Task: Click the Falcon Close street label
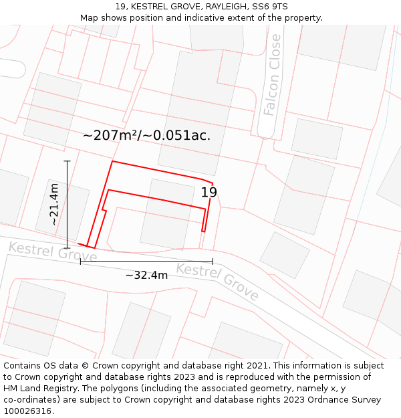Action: coord(272,75)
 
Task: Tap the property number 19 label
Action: coord(209,193)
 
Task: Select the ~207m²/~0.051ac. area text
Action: coord(146,135)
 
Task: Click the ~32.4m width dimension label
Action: coord(146,275)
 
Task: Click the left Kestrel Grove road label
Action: coord(52,252)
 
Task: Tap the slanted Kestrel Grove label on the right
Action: coord(217,281)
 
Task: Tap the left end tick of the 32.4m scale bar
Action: coord(80,262)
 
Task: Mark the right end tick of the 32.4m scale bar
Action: coord(213,262)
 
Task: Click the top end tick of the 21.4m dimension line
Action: coord(67,161)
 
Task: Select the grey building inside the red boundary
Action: coord(167,214)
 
